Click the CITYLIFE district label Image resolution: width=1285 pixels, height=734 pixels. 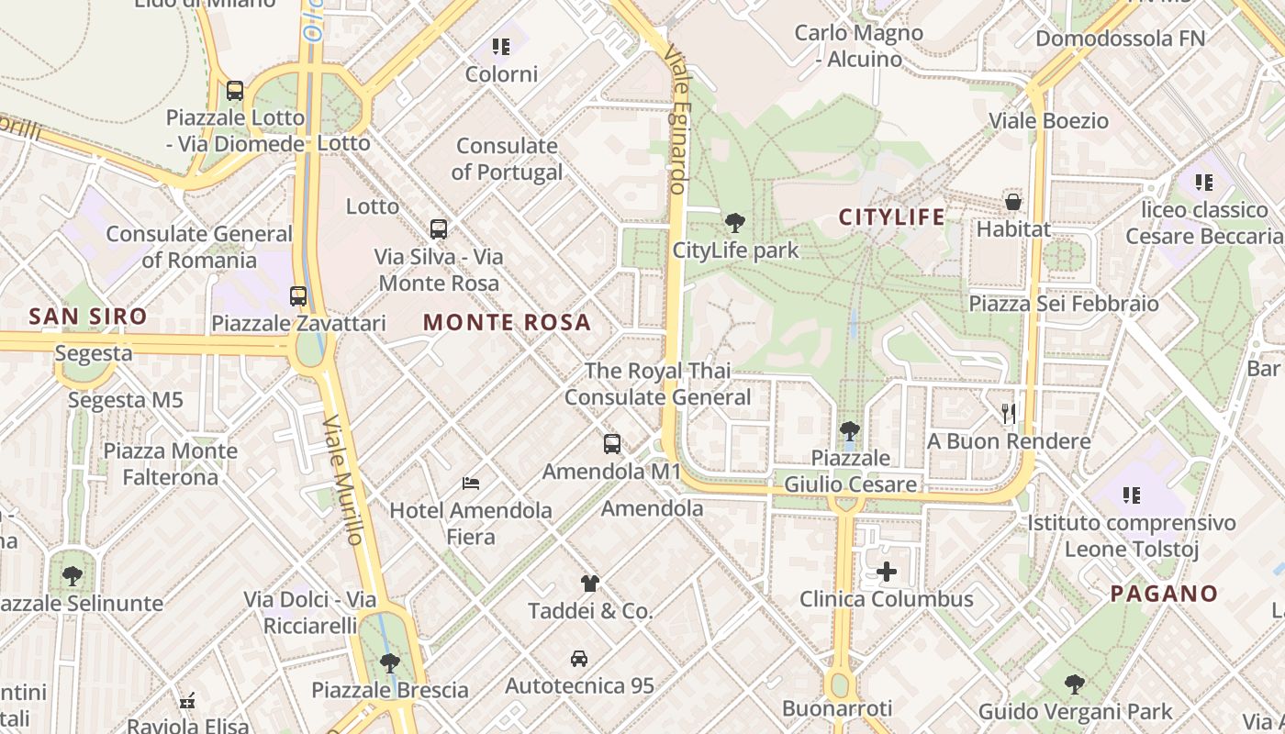click(x=891, y=217)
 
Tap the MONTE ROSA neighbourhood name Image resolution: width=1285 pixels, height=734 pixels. click(x=507, y=323)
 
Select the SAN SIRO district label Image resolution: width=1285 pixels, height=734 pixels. click(x=87, y=317)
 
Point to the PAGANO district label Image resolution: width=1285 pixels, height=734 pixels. click(x=1164, y=594)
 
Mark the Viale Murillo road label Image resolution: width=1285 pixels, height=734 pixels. click(x=344, y=481)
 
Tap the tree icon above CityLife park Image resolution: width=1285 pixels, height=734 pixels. click(x=734, y=222)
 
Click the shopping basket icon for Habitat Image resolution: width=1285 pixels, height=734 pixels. click(x=1013, y=202)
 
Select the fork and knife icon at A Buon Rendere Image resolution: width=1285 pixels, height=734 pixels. click(x=1009, y=414)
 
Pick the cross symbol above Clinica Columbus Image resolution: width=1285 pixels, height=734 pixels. click(x=887, y=573)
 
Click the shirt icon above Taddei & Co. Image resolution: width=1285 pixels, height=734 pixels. click(x=590, y=583)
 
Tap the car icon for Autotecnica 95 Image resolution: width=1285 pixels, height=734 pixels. click(x=579, y=658)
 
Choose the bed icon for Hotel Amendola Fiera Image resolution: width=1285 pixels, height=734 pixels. click(x=471, y=483)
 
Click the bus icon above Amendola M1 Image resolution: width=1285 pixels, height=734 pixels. click(x=612, y=444)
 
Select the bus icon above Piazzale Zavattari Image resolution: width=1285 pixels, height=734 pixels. click(x=298, y=295)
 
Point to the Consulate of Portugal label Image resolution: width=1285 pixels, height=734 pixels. click(x=507, y=159)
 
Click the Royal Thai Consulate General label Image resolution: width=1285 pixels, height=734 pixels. click(x=657, y=384)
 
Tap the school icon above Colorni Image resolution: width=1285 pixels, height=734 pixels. click(x=500, y=46)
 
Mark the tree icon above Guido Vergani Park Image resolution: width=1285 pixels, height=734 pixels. click(x=1075, y=684)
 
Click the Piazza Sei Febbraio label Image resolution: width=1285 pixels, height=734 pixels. click(x=1064, y=304)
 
